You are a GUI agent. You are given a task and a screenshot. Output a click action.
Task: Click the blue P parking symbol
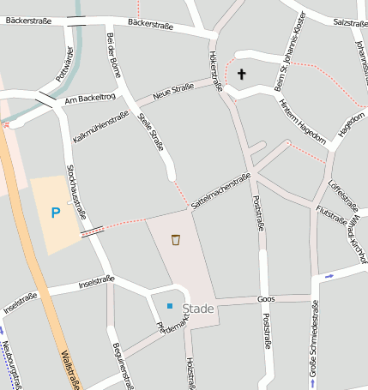click(x=56, y=213)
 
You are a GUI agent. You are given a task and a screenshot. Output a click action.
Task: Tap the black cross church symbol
click(x=241, y=75)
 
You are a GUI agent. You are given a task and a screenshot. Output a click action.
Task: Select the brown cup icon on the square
click(x=176, y=240)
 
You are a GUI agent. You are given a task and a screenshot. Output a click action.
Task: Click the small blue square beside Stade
click(x=170, y=306)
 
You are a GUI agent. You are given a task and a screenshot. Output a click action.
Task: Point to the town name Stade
click(x=197, y=309)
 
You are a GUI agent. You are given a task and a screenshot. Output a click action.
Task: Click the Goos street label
click(x=265, y=299)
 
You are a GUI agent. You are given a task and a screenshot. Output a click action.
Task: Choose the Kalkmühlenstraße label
click(x=100, y=125)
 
